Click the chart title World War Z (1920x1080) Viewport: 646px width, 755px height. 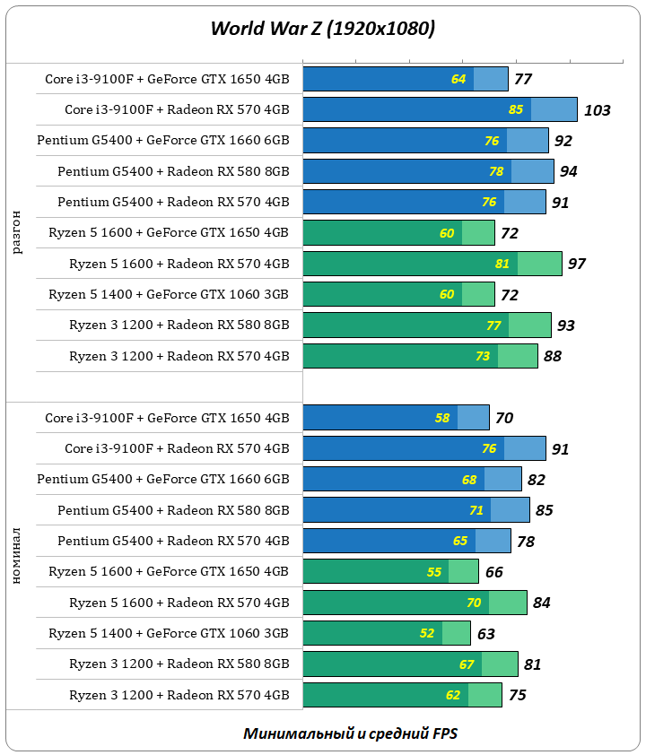point(322,29)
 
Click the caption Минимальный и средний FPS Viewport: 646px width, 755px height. point(349,733)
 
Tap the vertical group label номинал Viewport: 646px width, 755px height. point(18,556)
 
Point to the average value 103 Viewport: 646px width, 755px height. point(597,110)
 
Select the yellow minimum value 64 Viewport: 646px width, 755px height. point(458,80)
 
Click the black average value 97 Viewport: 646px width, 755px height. point(577,264)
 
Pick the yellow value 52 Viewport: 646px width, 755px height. point(427,634)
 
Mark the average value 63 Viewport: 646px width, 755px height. point(485,634)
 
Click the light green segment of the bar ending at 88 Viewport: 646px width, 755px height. point(518,356)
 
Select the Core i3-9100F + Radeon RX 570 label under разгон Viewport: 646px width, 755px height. point(177,110)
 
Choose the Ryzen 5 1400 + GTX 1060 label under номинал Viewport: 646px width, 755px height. point(168,634)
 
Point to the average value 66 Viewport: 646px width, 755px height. point(493,572)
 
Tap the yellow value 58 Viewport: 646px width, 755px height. point(442,418)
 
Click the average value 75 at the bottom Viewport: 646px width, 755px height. point(517,695)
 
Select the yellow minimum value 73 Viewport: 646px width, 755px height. point(483,356)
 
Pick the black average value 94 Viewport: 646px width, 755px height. point(569,171)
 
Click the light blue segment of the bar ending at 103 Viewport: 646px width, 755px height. point(554,109)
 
